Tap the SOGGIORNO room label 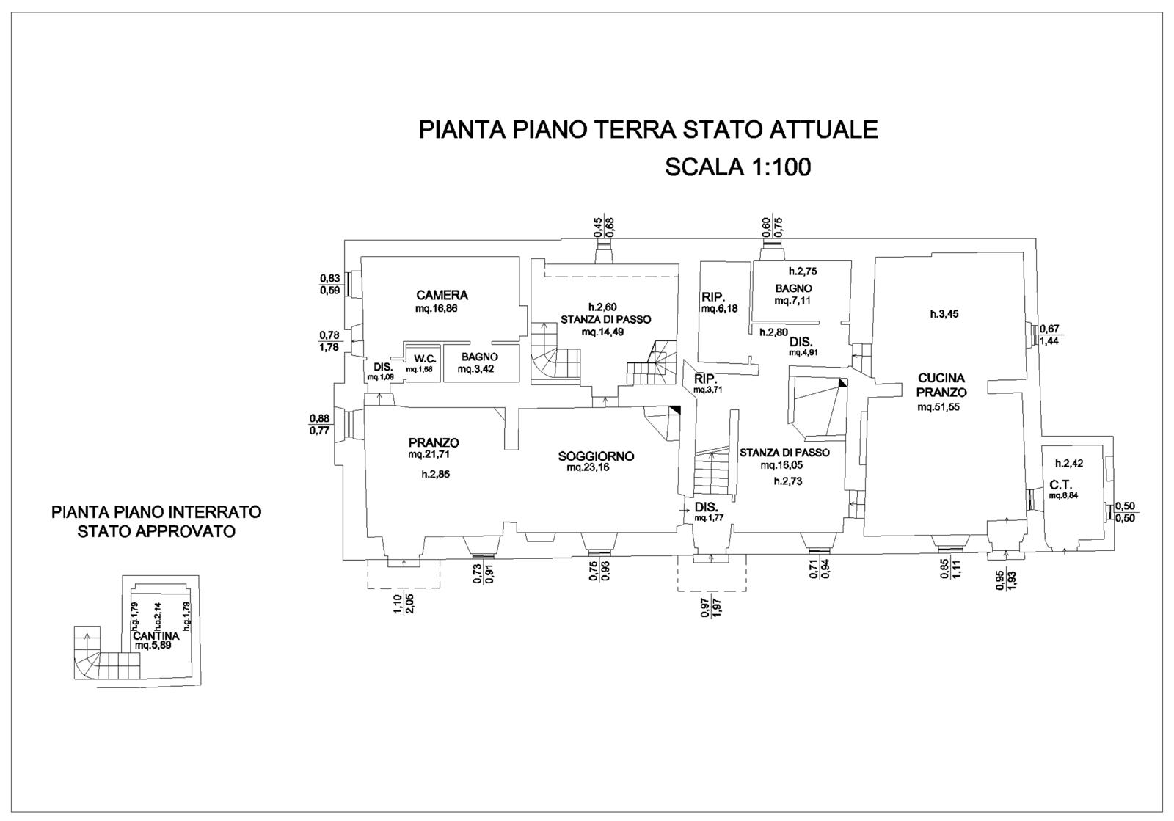(596, 456)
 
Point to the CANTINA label (156, 636)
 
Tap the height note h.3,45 (944, 314)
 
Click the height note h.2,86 (435, 475)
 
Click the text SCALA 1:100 (737, 167)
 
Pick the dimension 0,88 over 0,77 (320, 425)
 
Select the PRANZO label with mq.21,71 (434, 442)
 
